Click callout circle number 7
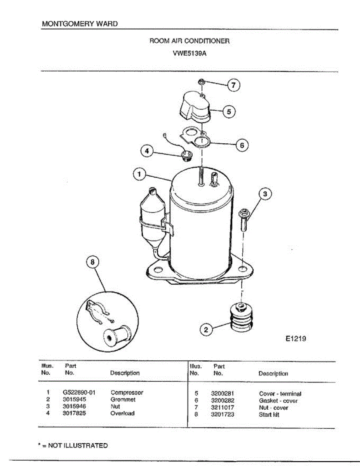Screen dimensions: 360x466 pos(233,85)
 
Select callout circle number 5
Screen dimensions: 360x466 pos(229,112)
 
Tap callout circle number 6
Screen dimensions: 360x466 pos(242,145)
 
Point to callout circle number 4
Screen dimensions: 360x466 pos(146,151)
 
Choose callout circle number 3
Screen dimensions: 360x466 pos(265,194)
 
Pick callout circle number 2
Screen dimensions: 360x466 pos(206,330)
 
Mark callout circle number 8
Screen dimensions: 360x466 pos(92,262)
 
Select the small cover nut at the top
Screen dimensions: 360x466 pos(201,82)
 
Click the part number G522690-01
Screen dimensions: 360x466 pos(79,393)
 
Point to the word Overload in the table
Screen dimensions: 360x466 pos(122,414)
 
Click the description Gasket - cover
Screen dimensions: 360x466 pos(278,401)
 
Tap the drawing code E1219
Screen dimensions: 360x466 pos(296,339)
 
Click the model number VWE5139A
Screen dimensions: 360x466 pos(190,54)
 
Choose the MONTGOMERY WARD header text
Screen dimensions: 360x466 pos(80,24)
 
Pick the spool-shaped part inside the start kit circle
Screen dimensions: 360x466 pos(116,334)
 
